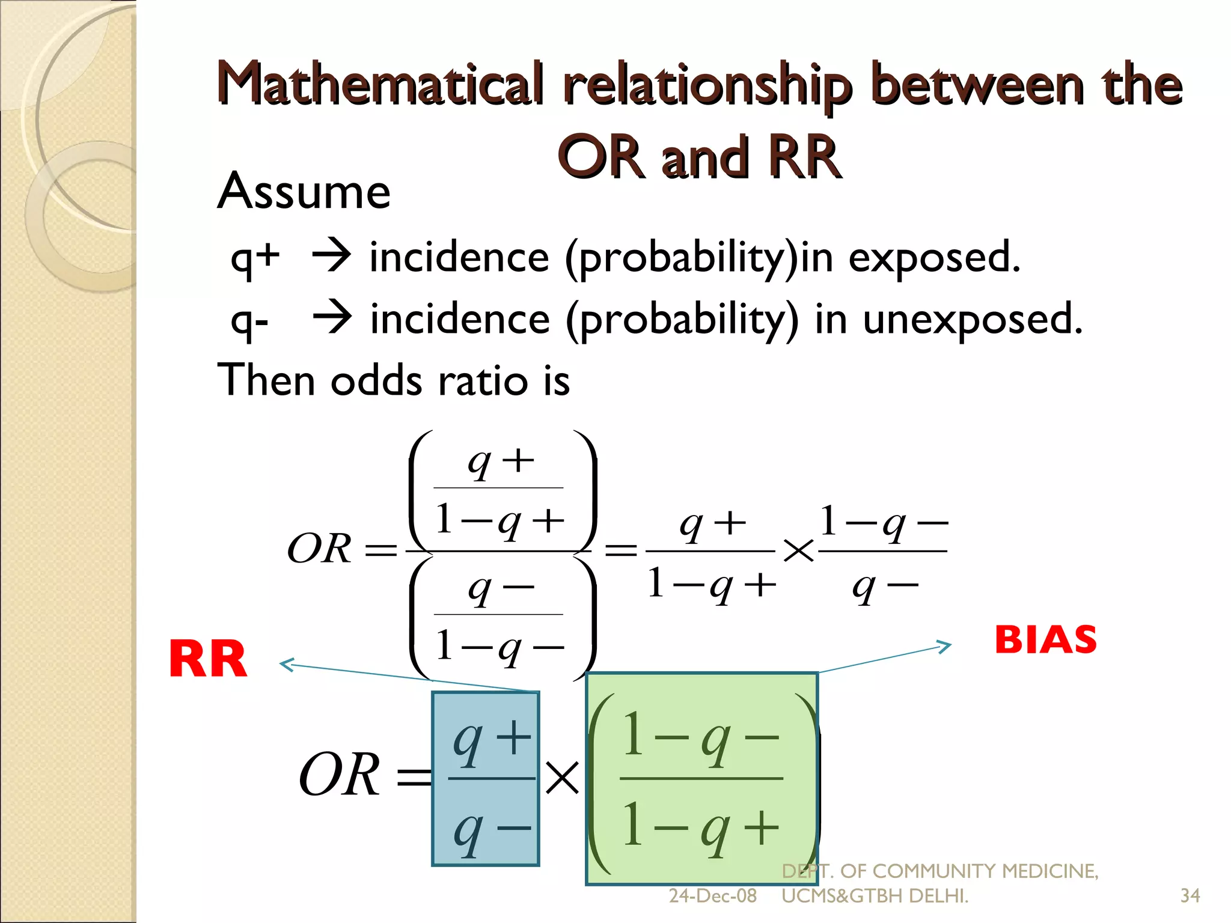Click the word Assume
click(304, 191)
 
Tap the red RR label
click(208, 659)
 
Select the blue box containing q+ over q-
click(486, 779)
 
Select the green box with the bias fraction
click(701, 779)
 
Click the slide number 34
click(1190, 896)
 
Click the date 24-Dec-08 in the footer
click(712, 896)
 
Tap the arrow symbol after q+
click(331, 256)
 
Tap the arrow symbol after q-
click(332, 318)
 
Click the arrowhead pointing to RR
click(287, 664)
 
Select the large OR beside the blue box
click(340, 775)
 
